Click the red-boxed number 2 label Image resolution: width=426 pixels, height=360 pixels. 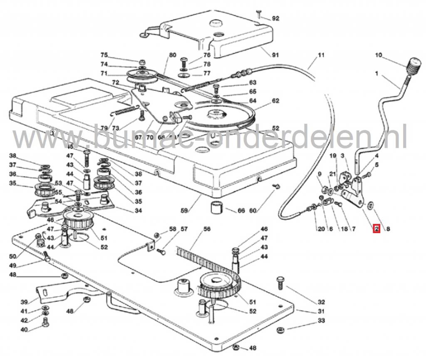[376, 228]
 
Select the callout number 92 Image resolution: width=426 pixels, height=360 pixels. [275, 18]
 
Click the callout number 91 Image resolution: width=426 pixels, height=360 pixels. [275, 55]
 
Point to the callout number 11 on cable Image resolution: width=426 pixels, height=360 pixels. [320, 55]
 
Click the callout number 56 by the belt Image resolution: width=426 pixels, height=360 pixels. [207, 229]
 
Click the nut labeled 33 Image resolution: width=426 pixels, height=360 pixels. [281, 330]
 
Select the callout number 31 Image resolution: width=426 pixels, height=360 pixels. [320, 311]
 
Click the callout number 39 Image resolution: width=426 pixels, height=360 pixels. [24, 302]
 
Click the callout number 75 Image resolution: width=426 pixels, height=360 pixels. [104, 55]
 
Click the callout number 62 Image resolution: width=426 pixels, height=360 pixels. [275, 101]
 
